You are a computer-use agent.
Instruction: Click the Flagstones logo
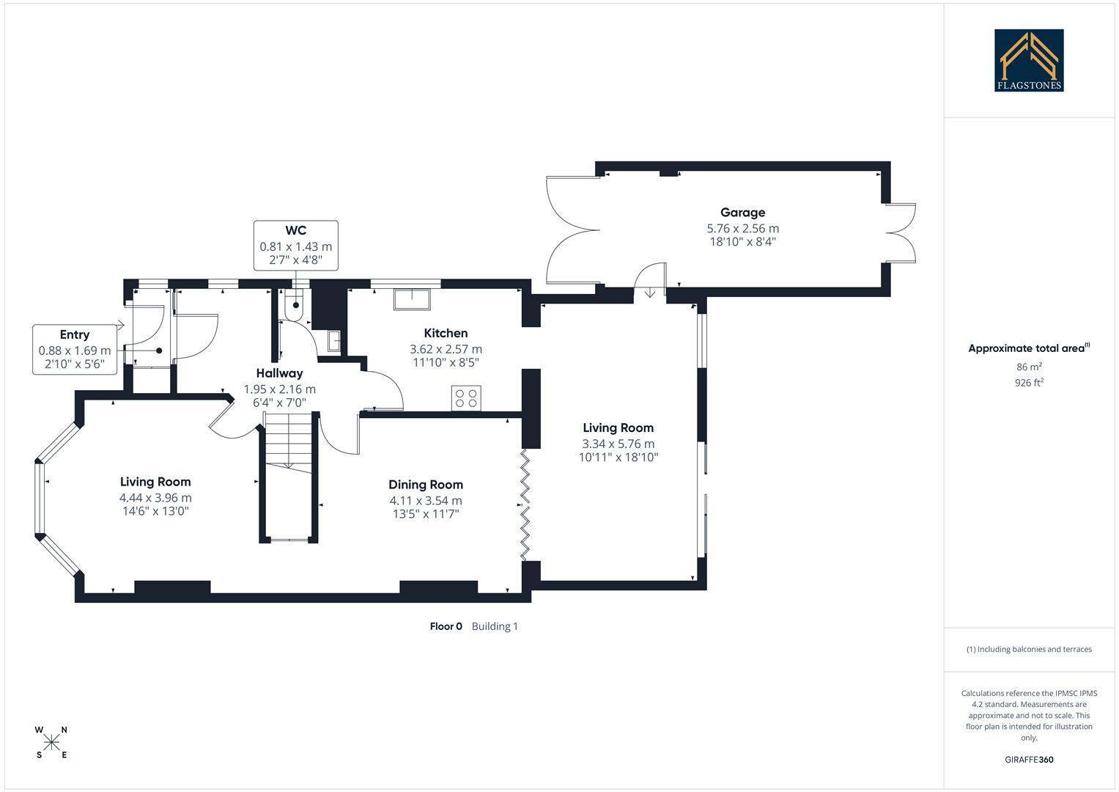(x=1029, y=60)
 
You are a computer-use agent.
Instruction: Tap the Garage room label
(x=742, y=213)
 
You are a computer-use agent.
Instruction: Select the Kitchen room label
(x=446, y=333)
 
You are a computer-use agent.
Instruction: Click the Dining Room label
(x=426, y=485)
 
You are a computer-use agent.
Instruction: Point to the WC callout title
(x=296, y=230)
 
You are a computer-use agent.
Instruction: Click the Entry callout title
(x=75, y=335)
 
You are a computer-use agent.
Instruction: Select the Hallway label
(x=279, y=373)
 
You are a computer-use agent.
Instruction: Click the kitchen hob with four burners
(x=466, y=398)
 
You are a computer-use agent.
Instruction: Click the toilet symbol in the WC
(x=295, y=307)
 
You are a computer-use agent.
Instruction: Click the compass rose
(x=51, y=743)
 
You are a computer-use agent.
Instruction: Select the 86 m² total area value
(x=1029, y=367)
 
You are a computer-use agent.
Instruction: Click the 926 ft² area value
(x=1029, y=383)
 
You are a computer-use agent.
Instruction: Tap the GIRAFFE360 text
(x=1029, y=760)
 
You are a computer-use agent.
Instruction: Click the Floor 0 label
(x=446, y=626)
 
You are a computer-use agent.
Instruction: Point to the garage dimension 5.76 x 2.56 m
(x=742, y=229)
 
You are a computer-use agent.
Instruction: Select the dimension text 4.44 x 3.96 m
(x=155, y=498)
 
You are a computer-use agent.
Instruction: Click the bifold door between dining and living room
(x=525, y=506)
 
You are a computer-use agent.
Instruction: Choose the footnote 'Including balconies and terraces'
(x=1029, y=649)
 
